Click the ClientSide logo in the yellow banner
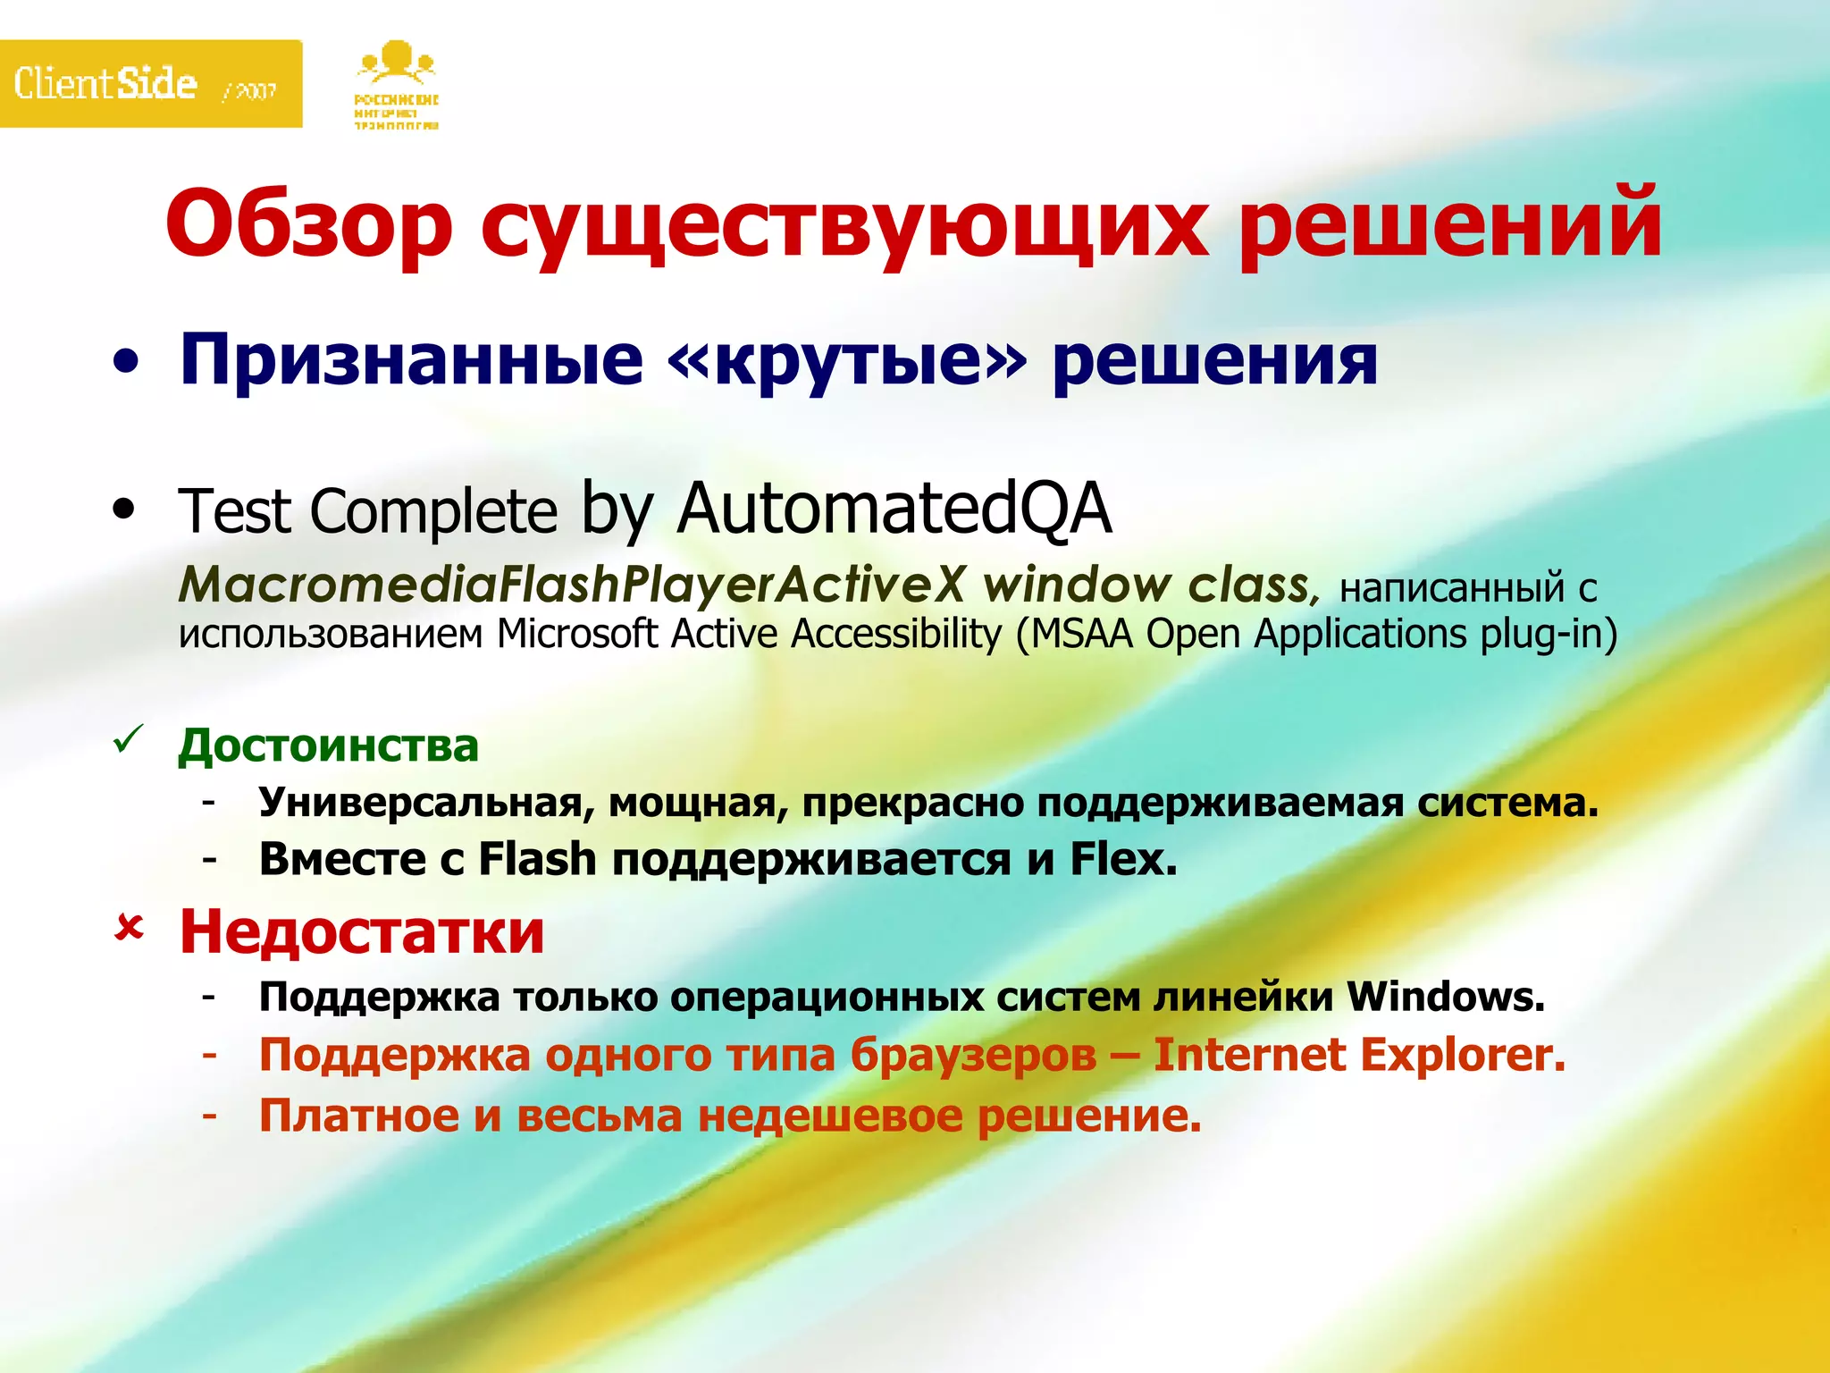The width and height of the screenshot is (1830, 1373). point(105,84)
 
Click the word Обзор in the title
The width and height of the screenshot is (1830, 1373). point(309,223)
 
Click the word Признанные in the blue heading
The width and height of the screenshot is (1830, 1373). point(411,361)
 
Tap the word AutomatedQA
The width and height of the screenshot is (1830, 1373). point(894,508)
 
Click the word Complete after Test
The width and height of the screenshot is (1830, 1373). point(434,511)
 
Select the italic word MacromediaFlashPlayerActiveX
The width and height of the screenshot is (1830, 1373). point(572,585)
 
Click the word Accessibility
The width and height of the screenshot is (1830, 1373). point(896,634)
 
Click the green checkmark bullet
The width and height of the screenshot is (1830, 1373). point(128,740)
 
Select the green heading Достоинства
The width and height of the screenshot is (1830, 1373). point(329,745)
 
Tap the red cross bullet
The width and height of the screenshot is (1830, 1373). point(129,929)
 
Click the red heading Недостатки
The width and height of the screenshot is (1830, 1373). point(362,931)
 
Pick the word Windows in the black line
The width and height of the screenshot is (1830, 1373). point(1446,996)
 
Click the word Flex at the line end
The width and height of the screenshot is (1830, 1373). point(1123,859)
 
